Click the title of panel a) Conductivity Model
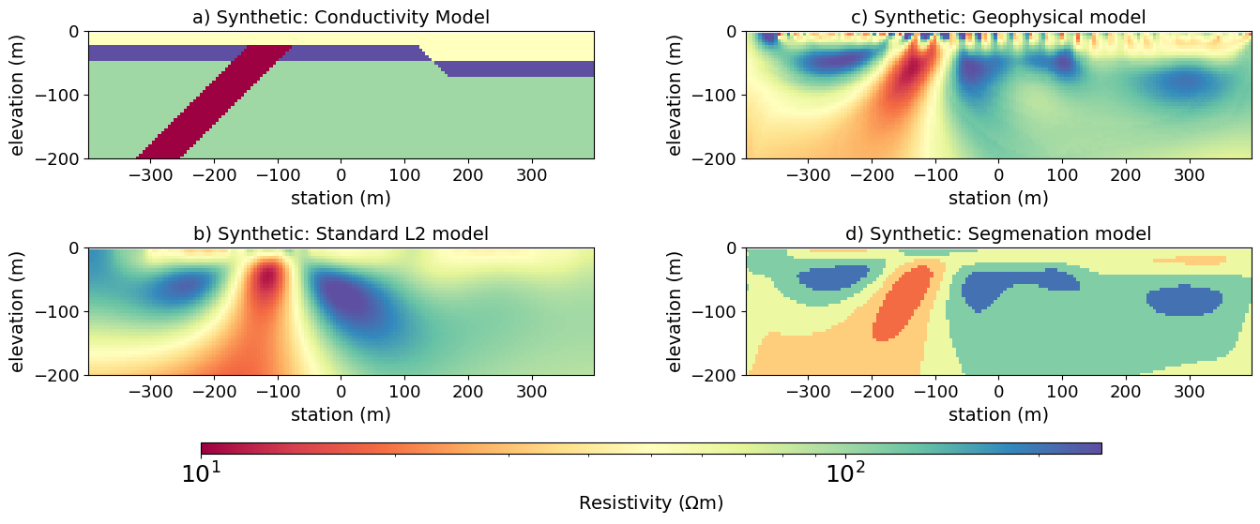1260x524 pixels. pos(341,17)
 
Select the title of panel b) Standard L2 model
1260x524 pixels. pos(341,234)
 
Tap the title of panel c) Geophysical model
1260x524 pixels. pos(998,17)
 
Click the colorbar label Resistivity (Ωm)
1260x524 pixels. pos(651,503)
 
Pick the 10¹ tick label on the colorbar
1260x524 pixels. pos(201,474)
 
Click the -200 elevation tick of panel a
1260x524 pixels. pos(57,158)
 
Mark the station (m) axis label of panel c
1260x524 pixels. pos(998,198)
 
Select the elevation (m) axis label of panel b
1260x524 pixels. pos(18,312)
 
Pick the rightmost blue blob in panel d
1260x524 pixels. pos(1184,301)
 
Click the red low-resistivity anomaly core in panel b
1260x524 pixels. pos(270,278)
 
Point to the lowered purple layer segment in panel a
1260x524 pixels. pos(516,69)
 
